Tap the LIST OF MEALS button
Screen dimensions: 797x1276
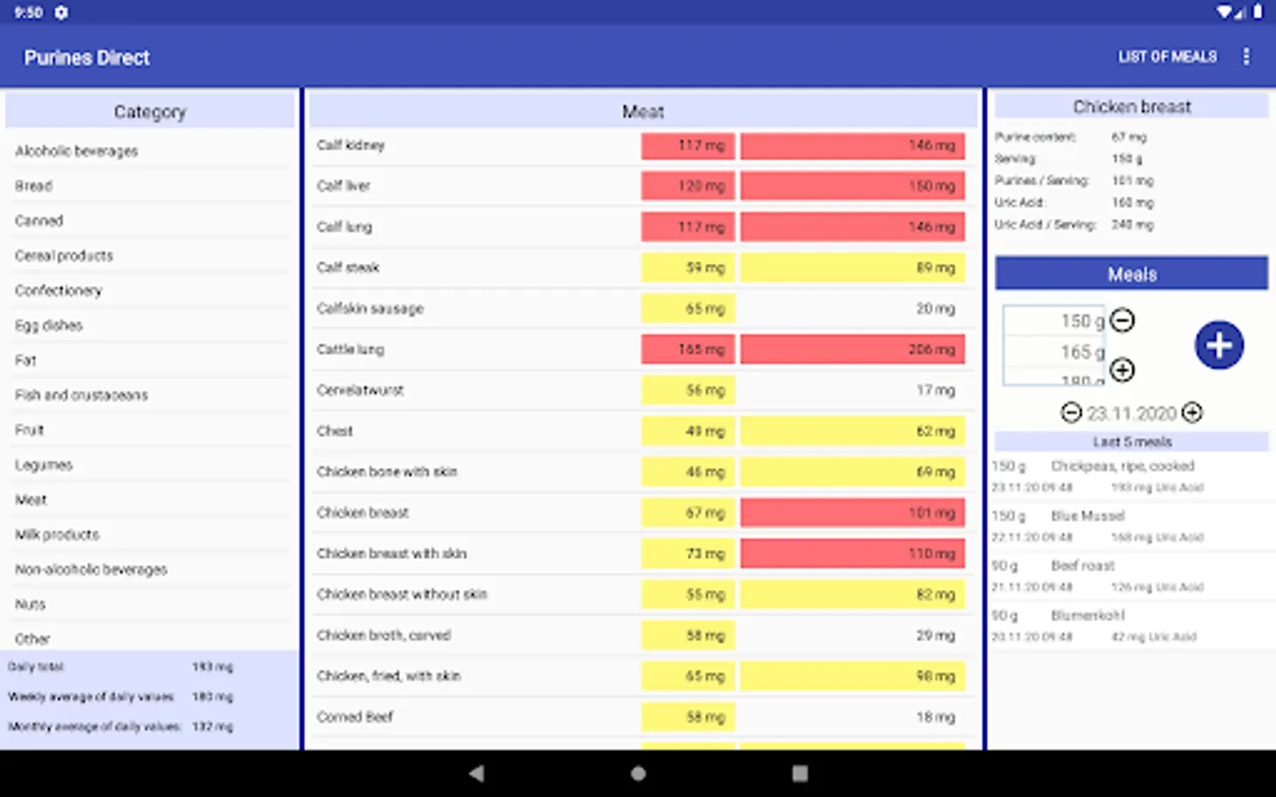[x=1167, y=57]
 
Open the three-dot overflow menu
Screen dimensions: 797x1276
[x=1246, y=57]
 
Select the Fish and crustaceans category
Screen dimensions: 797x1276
[x=82, y=395]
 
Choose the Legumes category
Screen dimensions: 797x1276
[x=43, y=465]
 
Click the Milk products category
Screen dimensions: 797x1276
[x=58, y=535]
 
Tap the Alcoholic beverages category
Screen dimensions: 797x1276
[x=76, y=151]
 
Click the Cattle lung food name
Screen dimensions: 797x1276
[x=351, y=350]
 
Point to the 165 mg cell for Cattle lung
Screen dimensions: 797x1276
[x=689, y=350]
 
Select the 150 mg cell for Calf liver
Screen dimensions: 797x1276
[x=852, y=186]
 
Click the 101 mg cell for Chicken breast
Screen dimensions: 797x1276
[x=852, y=513]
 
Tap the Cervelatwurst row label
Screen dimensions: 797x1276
[x=361, y=391]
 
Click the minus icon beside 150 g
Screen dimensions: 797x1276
[x=1123, y=320]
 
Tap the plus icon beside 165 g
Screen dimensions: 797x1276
[x=1123, y=369]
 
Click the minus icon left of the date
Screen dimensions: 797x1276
[x=1071, y=413]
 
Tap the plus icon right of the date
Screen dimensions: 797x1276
[x=1193, y=413]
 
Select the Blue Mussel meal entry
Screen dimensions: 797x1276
[x=1099, y=525]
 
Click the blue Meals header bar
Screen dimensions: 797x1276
[x=1132, y=274]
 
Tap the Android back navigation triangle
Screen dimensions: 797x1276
[x=477, y=773]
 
